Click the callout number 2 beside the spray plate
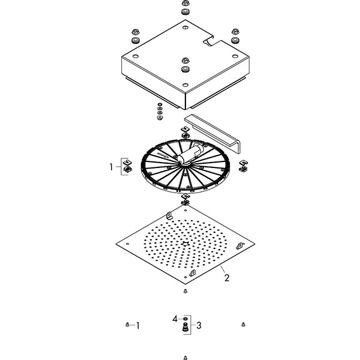(227, 278)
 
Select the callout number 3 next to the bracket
(199, 325)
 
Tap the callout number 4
(175, 319)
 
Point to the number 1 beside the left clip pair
(112, 167)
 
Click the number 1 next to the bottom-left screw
(138, 326)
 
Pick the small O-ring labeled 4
(185, 319)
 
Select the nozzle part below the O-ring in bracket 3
(185, 327)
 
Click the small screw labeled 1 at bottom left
(127, 325)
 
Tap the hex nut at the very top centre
(185, 3)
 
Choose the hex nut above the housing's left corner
(136, 31)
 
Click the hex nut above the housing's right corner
(235, 31)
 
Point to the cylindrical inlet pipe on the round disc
(191, 154)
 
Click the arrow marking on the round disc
(163, 155)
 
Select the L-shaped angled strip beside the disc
(213, 133)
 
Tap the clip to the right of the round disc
(244, 166)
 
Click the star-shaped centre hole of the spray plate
(185, 244)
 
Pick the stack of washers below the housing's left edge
(160, 111)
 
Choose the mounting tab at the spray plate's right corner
(241, 245)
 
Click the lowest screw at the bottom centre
(185, 358)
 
